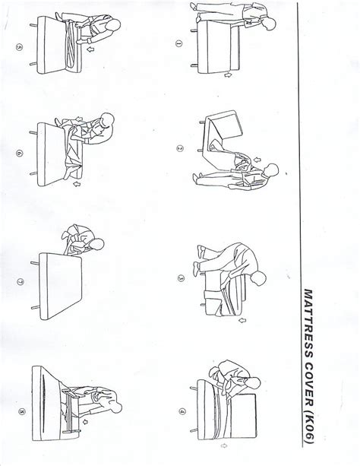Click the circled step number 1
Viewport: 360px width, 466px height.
pyautogui.click(x=178, y=43)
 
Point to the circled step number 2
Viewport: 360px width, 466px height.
pyautogui.click(x=180, y=148)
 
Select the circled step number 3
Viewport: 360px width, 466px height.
pyautogui.click(x=181, y=278)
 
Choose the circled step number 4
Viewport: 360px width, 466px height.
pyautogui.click(x=182, y=411)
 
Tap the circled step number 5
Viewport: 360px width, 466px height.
pyautogui.click(x=19, y=48)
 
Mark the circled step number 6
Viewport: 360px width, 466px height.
pyautogui.click(x=19, y=154)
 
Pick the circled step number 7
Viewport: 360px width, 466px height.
pyautogui.click(x=21, y=281)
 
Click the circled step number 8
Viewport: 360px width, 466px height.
pyautogui.click(x=22, y=411)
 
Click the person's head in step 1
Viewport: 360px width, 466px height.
pyautogui.click(x=270, y=24)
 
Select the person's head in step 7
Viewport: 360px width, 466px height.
pyautogui.click(x=96, y=245)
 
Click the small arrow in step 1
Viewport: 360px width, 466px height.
pyautogui.click(x=228, y=75)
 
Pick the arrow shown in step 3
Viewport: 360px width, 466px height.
pyautogui.click(x=243, y=320)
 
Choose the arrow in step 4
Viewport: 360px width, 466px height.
pyautogui.click(x=224, y=445)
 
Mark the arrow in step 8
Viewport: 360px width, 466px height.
pyautogui.click(x=86, y=421)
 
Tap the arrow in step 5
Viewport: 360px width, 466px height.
pyautogui.click(x=90, y=49)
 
